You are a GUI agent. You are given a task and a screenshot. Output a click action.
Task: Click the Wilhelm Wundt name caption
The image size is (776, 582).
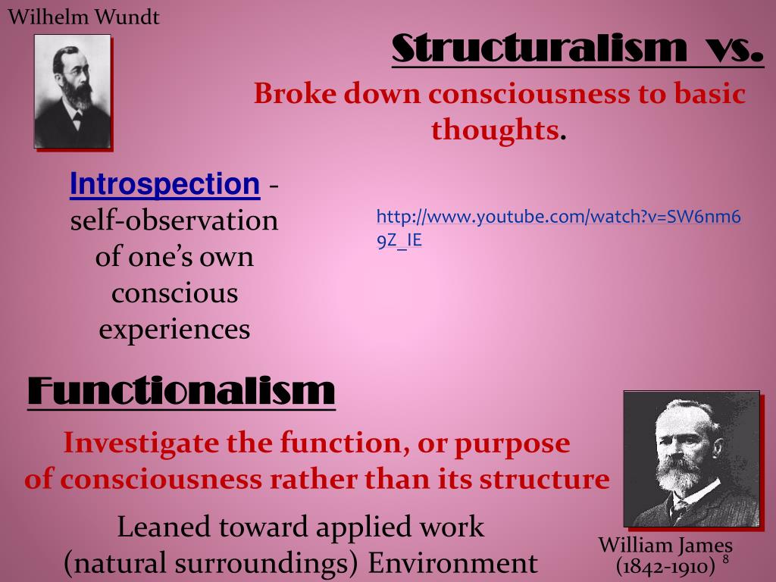point(83,17)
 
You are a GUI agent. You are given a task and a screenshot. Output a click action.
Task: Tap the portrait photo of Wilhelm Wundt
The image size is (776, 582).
point(72,91)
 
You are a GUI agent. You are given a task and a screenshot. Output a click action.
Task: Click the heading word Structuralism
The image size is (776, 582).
point(540,48)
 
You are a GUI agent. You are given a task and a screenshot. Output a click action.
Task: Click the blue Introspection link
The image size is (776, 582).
point(164,184)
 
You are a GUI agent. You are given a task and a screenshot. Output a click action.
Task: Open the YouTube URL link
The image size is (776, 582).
point(559,228)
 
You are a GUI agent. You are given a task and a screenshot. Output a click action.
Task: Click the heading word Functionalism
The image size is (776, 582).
point(181,391)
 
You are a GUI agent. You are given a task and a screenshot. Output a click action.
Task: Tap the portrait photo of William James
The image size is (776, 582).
point(691,458)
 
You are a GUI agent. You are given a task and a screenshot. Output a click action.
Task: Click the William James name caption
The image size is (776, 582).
point(665,546)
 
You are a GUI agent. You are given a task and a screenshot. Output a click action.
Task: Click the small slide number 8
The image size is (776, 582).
point(726,559)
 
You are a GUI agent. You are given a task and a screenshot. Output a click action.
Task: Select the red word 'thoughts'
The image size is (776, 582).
point(495,130)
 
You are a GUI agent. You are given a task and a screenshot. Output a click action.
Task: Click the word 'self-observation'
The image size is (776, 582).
point(174,221)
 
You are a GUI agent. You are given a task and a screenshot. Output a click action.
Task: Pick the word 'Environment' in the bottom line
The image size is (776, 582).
point(452,563)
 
